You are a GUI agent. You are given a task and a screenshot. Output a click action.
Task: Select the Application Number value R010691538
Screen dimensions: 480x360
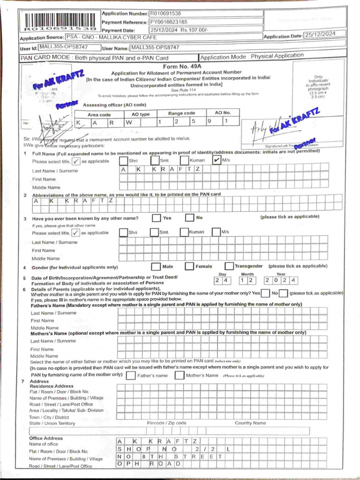coord(165,14)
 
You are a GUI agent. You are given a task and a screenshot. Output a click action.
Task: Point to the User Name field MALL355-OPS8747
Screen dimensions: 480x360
coord(155,47)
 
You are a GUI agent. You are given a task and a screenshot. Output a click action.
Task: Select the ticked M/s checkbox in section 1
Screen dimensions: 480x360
coord(216,160)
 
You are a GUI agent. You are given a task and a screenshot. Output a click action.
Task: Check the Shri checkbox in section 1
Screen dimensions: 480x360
coord(123,160)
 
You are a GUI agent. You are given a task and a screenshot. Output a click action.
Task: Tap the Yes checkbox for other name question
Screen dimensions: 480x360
coord(156,218)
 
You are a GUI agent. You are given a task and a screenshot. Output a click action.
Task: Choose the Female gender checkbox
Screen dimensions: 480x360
coord(189,266)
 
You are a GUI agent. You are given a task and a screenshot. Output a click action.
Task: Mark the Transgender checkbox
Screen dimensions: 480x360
coord(229,266)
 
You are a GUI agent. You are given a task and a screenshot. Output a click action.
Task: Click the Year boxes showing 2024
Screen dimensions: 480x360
coord(280,280)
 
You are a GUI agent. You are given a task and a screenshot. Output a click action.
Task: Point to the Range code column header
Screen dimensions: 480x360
coord(182,113)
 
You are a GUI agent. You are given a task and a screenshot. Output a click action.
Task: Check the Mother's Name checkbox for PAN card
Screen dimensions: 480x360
coord(179,375)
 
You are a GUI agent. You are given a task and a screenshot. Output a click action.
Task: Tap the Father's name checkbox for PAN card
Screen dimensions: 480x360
coord(131,375)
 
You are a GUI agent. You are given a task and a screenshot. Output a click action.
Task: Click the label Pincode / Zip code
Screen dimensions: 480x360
coord(166,423)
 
